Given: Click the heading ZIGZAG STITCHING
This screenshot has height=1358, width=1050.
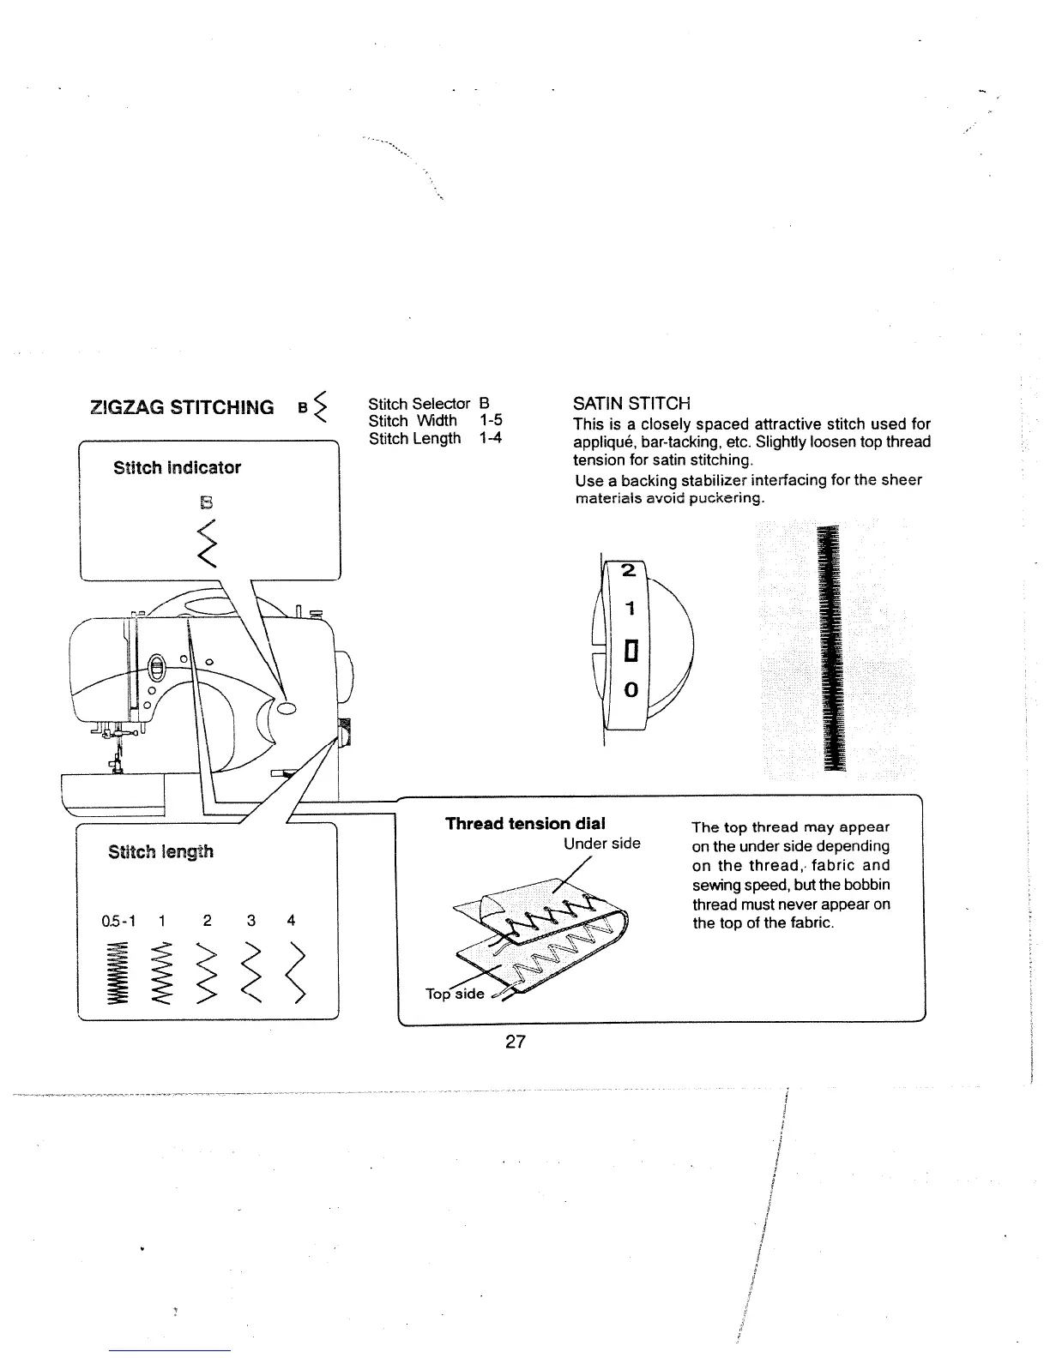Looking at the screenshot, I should click(182, 406).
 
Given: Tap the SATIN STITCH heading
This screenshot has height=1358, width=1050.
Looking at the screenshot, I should click(631, 403).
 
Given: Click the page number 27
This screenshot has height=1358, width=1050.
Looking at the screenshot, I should click(515, 1042).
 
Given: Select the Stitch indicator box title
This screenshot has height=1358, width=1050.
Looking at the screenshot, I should click(177, 467).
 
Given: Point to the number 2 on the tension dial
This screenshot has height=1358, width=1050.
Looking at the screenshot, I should click(628, 570).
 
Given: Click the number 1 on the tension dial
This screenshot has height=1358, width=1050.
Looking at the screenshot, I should click(630, 610).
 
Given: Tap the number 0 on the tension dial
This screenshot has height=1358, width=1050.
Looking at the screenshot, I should click(631, 689).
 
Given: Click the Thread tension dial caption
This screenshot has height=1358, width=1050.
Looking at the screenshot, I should click(525, 823).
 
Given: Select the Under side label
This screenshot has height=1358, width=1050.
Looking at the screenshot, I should click(601, 844).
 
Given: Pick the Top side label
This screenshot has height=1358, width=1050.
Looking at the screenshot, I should click(455, 994).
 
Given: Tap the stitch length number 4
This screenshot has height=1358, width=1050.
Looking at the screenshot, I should click(292, 920).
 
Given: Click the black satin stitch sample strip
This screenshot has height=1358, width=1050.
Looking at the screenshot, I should click(830, 649).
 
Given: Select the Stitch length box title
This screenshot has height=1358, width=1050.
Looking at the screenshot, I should click(160, 851).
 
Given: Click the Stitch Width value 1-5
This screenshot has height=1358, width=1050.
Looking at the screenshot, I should click(492, 420).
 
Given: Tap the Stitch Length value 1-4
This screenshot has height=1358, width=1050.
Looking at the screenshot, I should click(492, 438).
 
